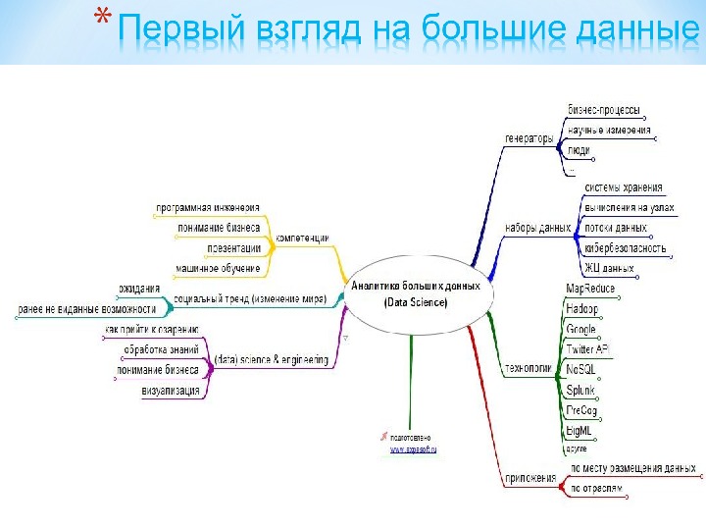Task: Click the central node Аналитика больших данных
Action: pos(416,293)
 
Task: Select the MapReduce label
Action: pos(590,289)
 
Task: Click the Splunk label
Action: pos(582,390)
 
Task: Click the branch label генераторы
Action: pos(529,138)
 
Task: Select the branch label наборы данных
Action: pos(537,228)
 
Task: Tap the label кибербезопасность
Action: pos(625,248)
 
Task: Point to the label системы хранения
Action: pos(623,187)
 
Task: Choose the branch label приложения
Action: pos(530,478)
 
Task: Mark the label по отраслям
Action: pos(596,487)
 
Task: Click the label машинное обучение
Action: pos(218,268)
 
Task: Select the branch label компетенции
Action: pos(301,238)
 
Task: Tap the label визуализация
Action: pos(171,391)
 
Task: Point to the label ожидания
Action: pos(138,289)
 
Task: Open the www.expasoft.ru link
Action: pos(414,450)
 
